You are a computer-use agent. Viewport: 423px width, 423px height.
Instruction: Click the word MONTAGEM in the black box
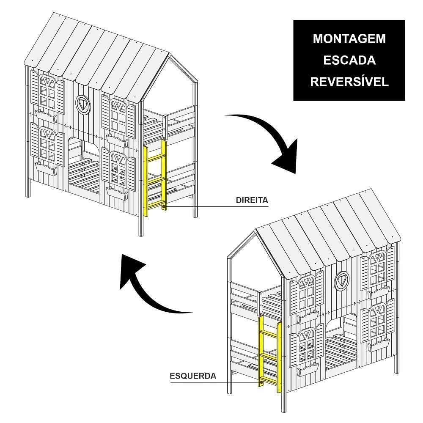pos(349,38)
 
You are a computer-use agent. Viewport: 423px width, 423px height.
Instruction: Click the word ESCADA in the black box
pos(349,60)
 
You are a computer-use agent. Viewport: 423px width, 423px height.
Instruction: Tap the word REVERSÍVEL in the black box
pos(349,82)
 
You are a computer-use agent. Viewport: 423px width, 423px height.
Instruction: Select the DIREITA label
pos(252,200)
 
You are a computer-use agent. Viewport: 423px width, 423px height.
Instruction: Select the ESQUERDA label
pos(193,376)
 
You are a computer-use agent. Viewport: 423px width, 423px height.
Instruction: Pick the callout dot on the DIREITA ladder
pos(164,207)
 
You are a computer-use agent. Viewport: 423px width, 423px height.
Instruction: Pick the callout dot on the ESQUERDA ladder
pos(261,382)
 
